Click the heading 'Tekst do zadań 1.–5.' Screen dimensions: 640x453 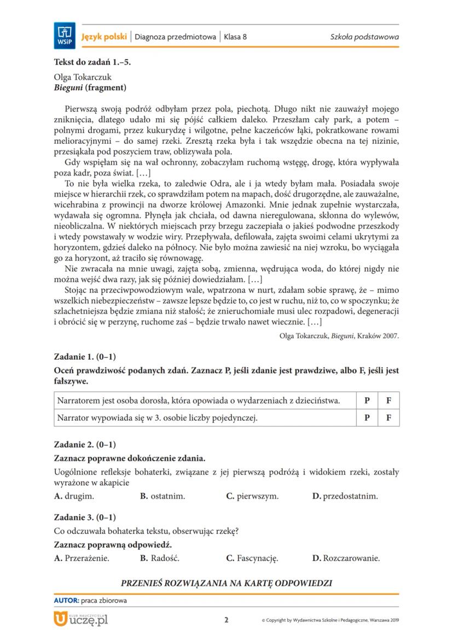coord(92,62)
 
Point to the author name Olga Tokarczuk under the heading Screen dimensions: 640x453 coord(83,77)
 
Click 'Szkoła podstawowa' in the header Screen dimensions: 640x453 coord(364,37)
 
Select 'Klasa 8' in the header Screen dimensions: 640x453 coord(236,37)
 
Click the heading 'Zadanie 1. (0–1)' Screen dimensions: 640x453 coord(85,357)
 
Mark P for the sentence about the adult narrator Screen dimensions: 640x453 coord(367,400)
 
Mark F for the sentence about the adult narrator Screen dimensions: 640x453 coord(388,400)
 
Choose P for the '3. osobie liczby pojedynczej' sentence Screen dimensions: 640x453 coord(367,418)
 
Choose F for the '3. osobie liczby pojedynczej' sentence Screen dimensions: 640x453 coord(388,418)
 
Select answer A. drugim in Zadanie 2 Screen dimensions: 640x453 coord(74,496)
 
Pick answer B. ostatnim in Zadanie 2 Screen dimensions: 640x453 coord(162,496)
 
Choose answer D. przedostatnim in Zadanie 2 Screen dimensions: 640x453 coord(345,496)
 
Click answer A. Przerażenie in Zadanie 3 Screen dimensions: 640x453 coord(82,558)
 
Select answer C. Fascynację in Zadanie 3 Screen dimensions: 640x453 coord(252,558)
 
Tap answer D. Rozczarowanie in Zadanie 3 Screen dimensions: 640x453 coord(346,558)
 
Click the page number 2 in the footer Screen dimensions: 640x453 coord(226,620)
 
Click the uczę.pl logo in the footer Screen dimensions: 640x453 coord(81,620)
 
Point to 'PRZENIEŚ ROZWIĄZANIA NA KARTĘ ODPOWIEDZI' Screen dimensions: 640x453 coord(226,583)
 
